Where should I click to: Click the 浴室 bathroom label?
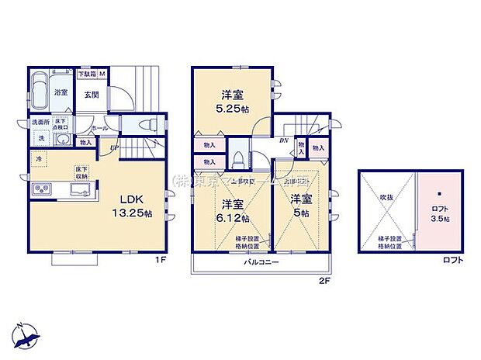coord(61,92)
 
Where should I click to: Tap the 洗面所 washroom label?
coord(40,123)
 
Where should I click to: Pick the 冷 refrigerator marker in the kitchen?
coord(40,159)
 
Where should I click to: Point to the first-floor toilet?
coord(149,126)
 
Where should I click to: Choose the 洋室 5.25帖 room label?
coord(232,102)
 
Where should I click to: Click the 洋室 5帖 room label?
coord(301,205)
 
